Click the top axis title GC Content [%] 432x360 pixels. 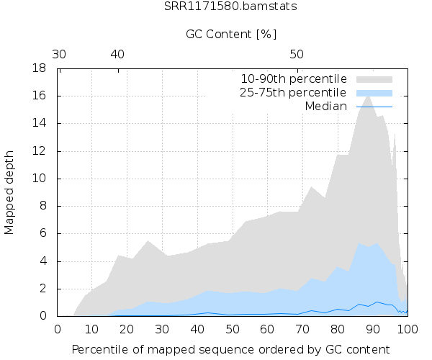point(231,35)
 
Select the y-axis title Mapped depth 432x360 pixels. point(10,192)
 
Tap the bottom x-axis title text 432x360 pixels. point(233,349)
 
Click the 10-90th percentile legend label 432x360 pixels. point(294,78)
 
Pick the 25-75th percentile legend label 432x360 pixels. point(294,92)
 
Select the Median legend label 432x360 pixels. point(326,106)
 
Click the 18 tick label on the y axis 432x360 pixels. point(42,68)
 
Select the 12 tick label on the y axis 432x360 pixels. point(42,151)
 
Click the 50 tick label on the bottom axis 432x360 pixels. point(233,328)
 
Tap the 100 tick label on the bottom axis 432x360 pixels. point(407,328)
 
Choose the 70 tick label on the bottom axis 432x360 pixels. point(302,328)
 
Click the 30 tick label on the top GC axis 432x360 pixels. point(59,54)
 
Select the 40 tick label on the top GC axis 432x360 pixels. point(117,54)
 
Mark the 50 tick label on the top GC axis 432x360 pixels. point(297,54)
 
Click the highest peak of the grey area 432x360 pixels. point(368,96)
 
